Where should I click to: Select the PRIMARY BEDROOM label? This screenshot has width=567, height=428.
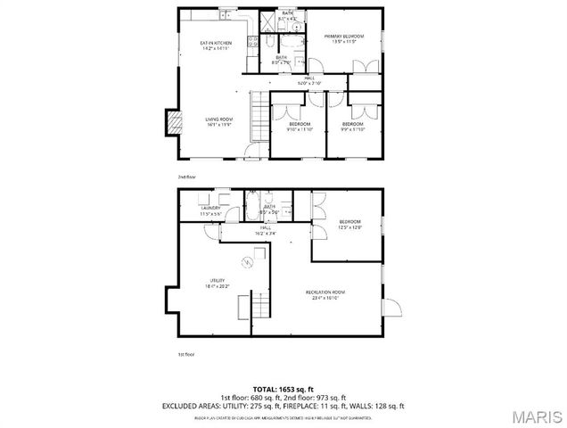[x=339, y=38]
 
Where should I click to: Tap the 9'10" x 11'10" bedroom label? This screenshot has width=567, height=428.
[x=299, y=126]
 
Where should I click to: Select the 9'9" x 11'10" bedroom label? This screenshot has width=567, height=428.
[x=353, y=126]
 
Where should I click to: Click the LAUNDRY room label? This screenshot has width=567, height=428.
[x=210, y=210]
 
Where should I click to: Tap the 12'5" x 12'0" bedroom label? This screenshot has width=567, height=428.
[x=349, y=224]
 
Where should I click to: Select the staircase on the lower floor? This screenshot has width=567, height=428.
[x=259, y=308]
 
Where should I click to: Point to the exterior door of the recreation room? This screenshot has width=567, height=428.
[x=389, y=306]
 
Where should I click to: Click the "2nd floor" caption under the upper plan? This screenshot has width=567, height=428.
[x=185, y=177]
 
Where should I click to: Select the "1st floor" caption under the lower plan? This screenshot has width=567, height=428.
[x=185, y=355]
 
